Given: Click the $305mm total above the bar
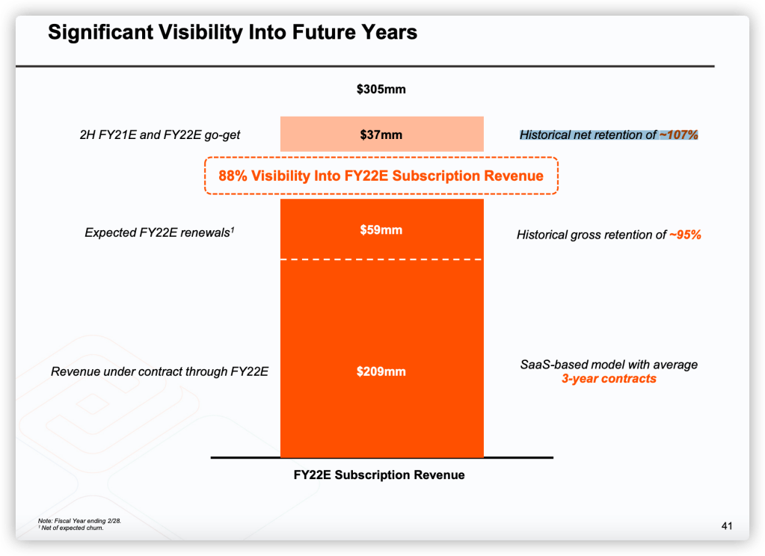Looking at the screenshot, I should coord(381,90).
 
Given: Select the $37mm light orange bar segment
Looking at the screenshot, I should coord(381,135).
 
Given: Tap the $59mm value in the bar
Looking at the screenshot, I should coord(381,230).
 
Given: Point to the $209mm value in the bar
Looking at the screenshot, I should coord(381,371).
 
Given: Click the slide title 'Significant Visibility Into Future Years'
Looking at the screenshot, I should coord(233,32).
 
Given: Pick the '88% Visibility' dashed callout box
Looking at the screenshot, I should coord(381,176).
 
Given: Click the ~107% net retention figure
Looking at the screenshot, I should coord(678,135).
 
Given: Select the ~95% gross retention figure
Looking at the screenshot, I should coord(684,235).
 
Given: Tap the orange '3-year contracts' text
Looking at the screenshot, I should coord(609,379).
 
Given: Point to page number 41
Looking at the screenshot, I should coord(726,526).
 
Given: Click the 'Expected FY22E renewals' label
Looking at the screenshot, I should coord(159,233).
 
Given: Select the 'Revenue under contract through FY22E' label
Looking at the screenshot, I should coord(159,371).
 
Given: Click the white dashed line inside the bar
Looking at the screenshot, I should coord(381,259).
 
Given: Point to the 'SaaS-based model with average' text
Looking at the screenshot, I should coord(609,365).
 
